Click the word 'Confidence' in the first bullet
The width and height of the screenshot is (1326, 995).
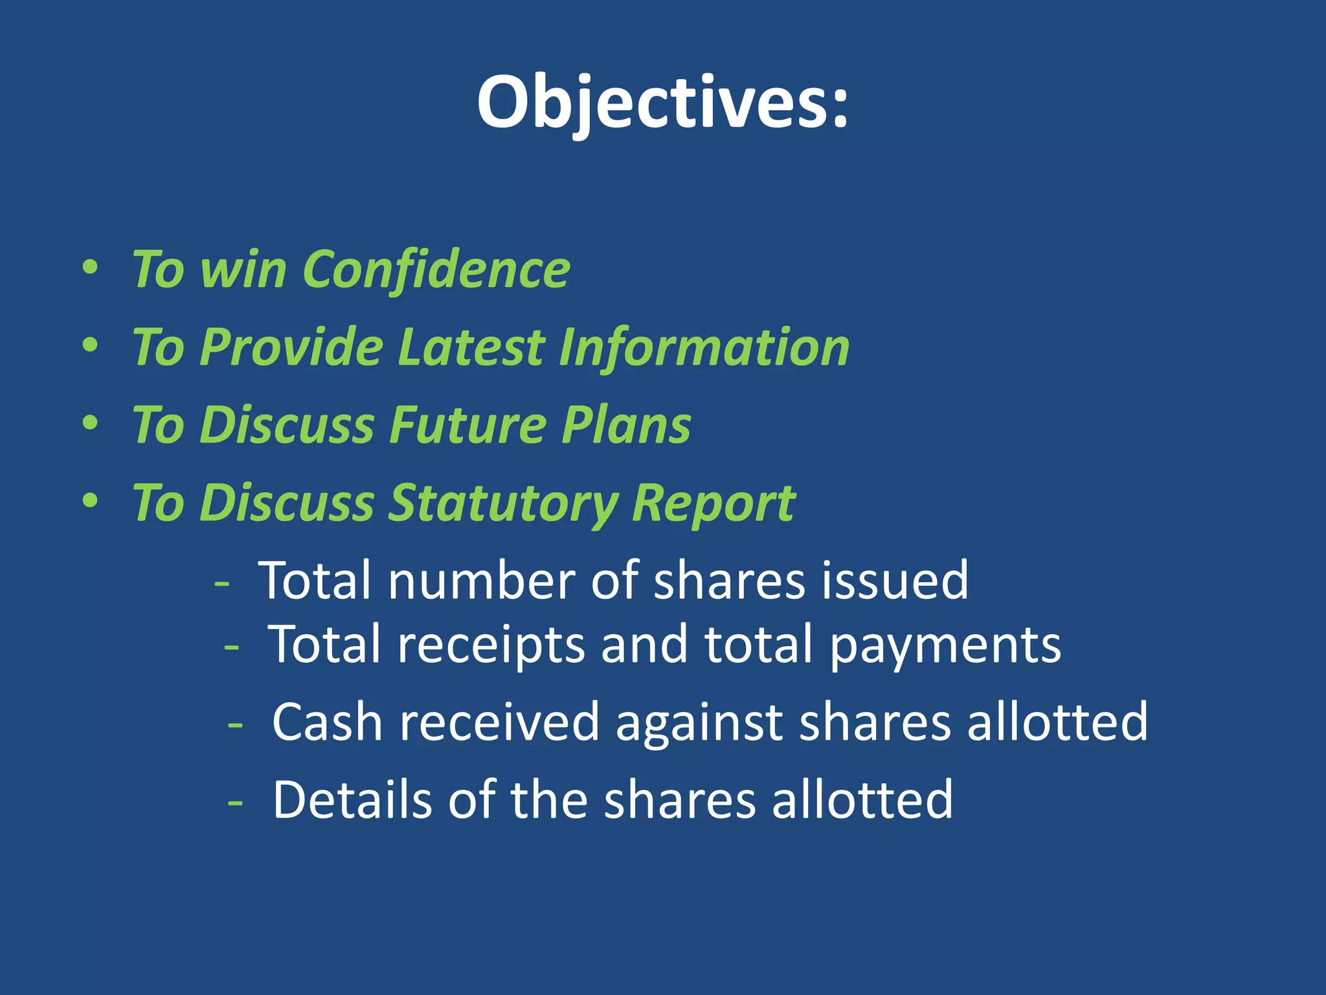click(436, 269)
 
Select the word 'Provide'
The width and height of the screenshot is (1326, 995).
click(291, 347)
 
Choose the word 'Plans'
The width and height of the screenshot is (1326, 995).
click(626, 426)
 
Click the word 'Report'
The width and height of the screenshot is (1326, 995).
click(714, 503)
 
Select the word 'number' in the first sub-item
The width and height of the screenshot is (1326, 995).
click(482, 580)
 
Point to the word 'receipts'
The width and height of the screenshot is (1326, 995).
click(491, 645)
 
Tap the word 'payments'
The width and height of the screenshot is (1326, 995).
click(945, 645)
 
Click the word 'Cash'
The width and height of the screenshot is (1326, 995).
click(327, 722)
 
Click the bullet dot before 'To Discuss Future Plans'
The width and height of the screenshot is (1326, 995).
click(91, 424)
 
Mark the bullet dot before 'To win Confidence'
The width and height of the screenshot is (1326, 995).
click(91, 268)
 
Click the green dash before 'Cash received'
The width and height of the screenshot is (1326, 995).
click(236, 724)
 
